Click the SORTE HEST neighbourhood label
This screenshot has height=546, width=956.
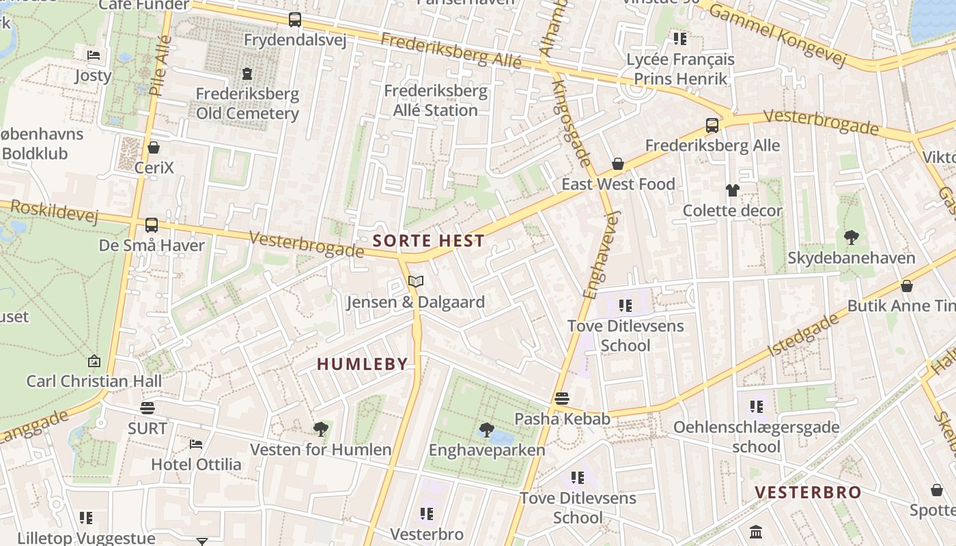pyautogui.click(x=429, y=241)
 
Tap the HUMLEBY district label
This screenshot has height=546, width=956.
pyautogui.click(x=362, y=364)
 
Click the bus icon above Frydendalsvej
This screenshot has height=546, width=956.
pyautogui.click(x=294, y=20)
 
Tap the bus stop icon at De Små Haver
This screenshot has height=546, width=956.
pyautogui.click(x=152, y=225)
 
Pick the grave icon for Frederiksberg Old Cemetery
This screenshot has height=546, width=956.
pyautogui.click(x=247, y=73)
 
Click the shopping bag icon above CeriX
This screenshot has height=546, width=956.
pyautogui.click(x=154, y=147)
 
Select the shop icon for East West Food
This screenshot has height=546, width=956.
pyautogui.click(x=618, y=164)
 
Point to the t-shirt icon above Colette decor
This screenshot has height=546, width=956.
pyautogui.click(x=733, y=190)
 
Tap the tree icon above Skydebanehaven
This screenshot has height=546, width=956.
pyautogui.click(x=851, y=238)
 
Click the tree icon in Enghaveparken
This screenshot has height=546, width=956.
pyautogui.click(x=486, y=429)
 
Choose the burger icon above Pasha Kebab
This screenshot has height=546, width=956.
pyautogui.click(x=561, y=399)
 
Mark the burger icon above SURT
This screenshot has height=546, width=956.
pyautogui.click(x=147, y=408)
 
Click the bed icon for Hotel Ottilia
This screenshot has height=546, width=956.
pyautogui.click(x=196, y=444)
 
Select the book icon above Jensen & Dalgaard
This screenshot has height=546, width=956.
pyautogui.click(x=415, y=281)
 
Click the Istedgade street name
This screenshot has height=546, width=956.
pyautogui.click(x=802, y=335)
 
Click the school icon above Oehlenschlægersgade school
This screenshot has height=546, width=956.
pyautogui.click(x=756, y=407)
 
